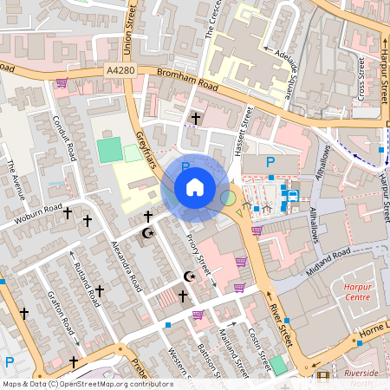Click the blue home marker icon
pos(195,187)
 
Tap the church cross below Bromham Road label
pos(196,118)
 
